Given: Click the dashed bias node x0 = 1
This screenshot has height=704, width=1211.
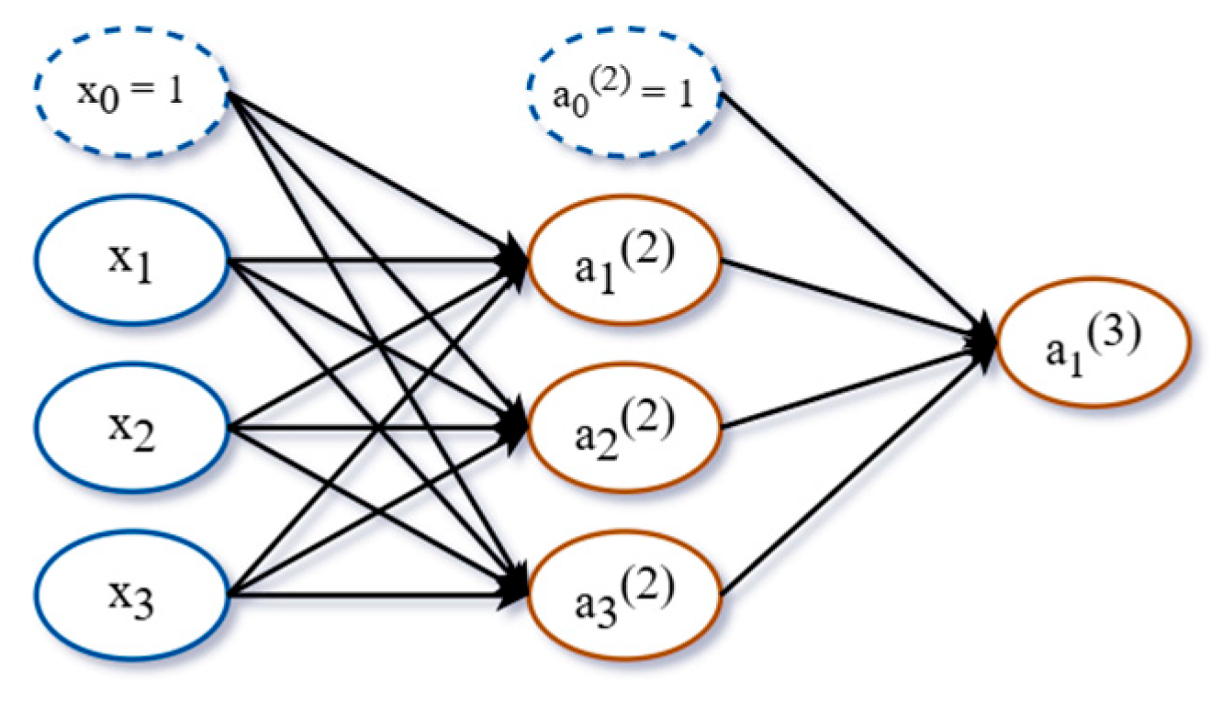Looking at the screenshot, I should point(131,94).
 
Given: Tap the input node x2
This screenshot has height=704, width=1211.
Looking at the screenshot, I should point(131,427).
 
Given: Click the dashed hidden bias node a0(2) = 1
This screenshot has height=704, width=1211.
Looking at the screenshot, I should point(624,95).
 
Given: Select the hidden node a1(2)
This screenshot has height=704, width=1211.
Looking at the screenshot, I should point(624,262).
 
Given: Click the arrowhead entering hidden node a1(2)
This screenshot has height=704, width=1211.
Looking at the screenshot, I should point(514,261).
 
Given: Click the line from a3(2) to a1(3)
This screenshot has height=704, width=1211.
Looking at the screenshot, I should point(854,473).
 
